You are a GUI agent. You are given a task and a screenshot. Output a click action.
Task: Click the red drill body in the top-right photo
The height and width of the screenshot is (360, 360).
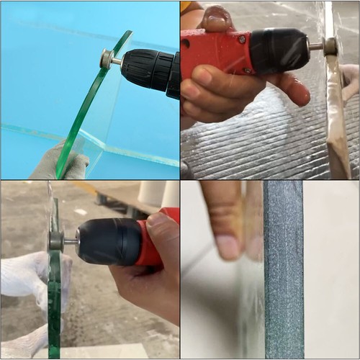click(x=216, y=54)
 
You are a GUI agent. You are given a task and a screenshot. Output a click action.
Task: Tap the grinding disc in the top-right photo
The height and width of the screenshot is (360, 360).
click(x=330, y=47)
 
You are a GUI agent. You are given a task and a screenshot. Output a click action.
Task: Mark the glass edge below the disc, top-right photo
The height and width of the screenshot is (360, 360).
click(x=338, y=122)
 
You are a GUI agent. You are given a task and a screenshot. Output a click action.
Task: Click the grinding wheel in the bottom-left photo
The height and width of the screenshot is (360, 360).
click(x=56, y=240)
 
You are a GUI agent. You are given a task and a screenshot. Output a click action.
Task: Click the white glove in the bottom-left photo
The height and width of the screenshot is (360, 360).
click(x=25, y=277)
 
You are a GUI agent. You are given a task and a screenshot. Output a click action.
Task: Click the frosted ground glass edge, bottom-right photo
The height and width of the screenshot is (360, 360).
click(x=283, y=274)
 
